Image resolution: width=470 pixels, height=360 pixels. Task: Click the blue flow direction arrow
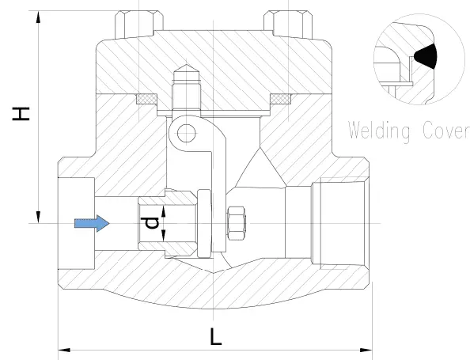pyautogui.click(x=92, y=223)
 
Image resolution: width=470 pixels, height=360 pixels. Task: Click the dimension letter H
pyautogui.click(x=21, y=114)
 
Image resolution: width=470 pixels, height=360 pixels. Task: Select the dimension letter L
pyautogui.click(x=215, y=337)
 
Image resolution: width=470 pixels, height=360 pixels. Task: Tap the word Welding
pyautogui.click(x=379, y=131)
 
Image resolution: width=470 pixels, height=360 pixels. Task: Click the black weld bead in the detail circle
pyautogui.click(x=426, y=56)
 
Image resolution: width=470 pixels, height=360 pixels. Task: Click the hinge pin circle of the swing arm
pyautogui.click(x=187, y=133)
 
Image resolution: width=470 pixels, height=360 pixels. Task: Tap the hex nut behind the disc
pyautogui.click(x=237, y=223)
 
